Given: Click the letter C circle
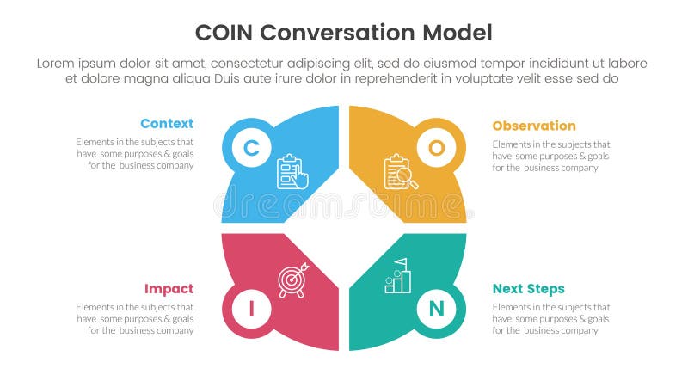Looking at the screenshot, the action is (x=251, y=148).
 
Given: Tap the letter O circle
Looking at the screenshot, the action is (x=437, y=148).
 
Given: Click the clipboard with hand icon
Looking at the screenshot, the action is (x=292, y=171).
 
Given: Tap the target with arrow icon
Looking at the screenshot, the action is (x=292, y=280).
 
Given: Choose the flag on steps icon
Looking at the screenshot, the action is (x=398, y=276).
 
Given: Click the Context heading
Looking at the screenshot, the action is (x=167, y=124).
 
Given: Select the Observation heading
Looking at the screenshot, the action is (x=534, y=126).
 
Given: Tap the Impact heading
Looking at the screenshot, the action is (x=169, y=289).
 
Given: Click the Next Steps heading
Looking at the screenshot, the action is (x=529, y=289).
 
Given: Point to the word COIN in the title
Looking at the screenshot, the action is (x=224, y=34).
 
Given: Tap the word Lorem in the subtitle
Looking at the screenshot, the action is (x=58, y=64).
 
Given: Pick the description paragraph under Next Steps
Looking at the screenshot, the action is (x=551, y=318).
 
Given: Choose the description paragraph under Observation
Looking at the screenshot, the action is (x=551, y=156).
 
